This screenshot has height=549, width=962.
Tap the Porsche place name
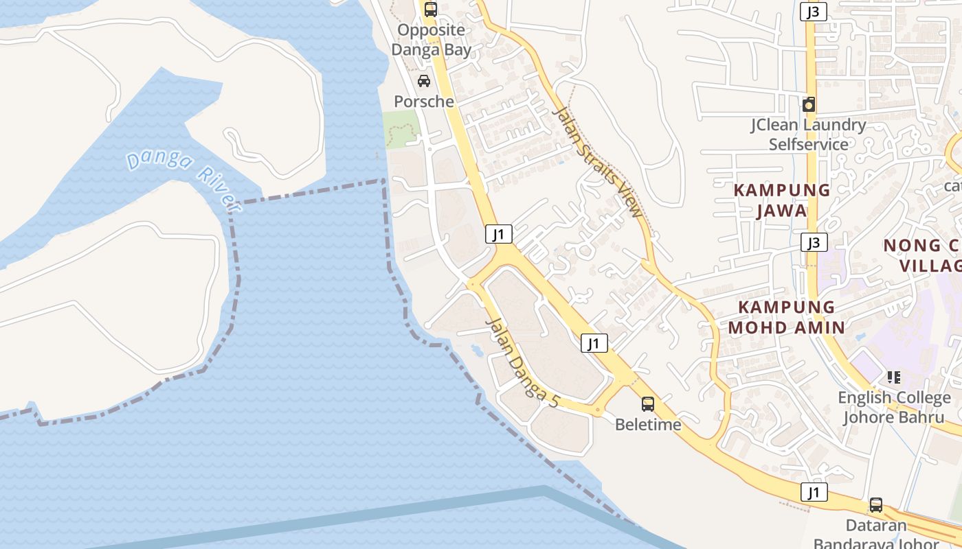(424, 102)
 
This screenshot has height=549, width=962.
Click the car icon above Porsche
(424, 81)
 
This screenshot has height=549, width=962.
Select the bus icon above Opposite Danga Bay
(431, 10)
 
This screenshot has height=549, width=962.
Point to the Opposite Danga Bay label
(432, 40)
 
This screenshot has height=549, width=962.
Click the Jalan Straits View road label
(597, 162)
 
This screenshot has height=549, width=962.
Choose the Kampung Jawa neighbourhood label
(782, 200)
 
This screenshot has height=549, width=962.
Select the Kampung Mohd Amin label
(786, 317)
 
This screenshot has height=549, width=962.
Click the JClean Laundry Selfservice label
(808, 135)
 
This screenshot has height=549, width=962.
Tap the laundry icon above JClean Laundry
(809, 104)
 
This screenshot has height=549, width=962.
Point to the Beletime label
(648, 425)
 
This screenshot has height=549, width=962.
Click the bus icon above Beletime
(648, 404)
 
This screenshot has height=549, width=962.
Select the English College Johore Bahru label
(894, 408)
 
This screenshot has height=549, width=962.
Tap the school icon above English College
(894, 377)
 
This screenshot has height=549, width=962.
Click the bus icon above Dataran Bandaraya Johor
(876, 505)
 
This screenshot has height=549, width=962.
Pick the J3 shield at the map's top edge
(814, 11)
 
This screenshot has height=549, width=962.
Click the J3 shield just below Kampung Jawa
(814, 242)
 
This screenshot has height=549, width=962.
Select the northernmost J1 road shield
(499, 234)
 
